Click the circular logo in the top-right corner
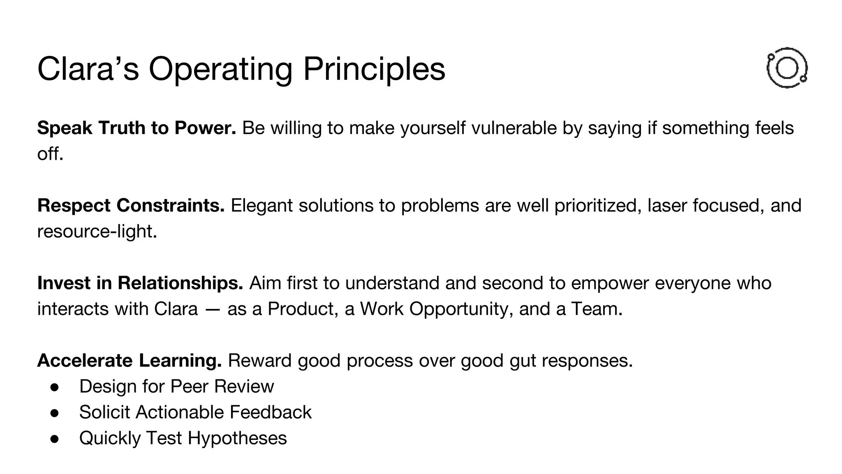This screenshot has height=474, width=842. click(787, 68)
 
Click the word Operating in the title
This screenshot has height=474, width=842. click(220, 69)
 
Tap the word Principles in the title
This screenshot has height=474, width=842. click(374, 69)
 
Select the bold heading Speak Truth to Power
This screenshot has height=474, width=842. click(136, 128)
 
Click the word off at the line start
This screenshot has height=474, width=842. click(49, 154)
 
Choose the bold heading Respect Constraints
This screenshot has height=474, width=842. click(131, 205)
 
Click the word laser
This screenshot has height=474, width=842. click(666, 205)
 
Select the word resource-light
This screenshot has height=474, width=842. click(97, 231)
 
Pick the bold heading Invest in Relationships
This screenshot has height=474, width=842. click(140, 283)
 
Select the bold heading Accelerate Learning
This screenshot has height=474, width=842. click(130, 360)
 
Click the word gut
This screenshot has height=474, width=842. click(523, 361)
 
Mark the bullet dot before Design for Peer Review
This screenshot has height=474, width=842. click(55, 387)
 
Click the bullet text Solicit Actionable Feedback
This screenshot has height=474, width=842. click(195, 412)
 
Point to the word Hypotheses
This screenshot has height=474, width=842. click(237, 438)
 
